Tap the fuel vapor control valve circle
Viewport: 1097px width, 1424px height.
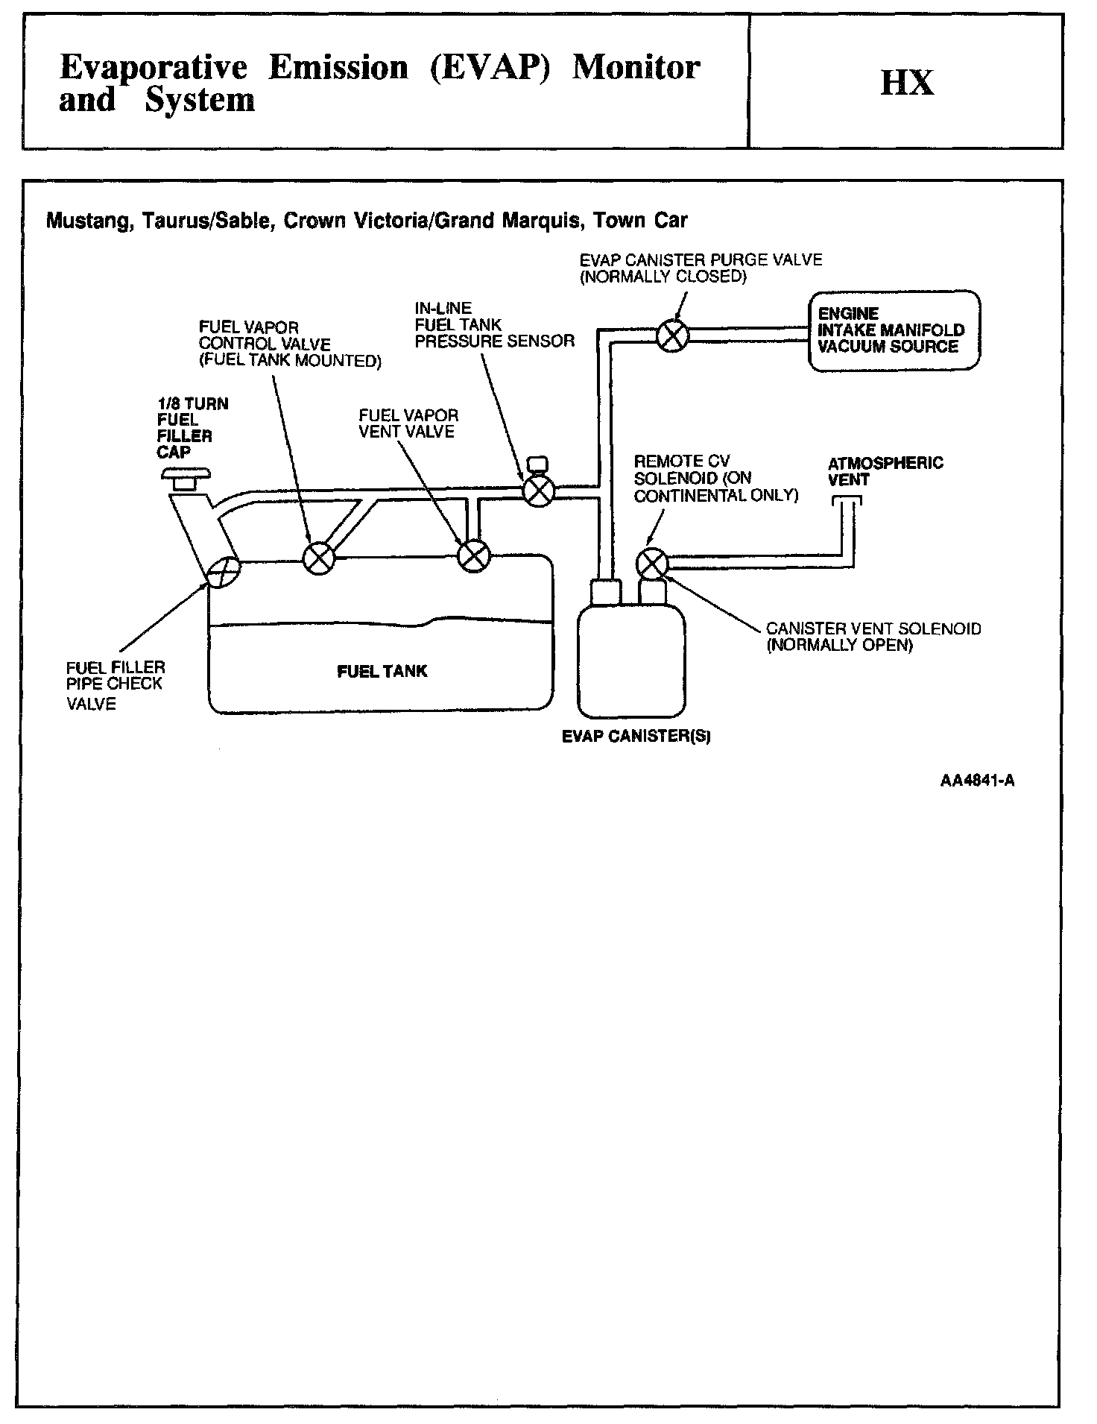(320, 557)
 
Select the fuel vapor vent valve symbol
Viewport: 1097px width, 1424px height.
(474, 555)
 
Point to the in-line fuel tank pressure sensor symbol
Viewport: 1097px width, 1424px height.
(538, 490)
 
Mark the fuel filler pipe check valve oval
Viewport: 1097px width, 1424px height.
(224, 573)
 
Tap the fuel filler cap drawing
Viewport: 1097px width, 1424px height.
(186, 479)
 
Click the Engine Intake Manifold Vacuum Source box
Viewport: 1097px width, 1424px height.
(894, 330)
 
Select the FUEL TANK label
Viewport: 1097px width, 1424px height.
(382, 671)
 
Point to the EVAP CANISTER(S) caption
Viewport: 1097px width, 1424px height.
(636, 737)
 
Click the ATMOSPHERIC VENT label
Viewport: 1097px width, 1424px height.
(885, 471)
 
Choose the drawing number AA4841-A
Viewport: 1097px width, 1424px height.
(977, 781)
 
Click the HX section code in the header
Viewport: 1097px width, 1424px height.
(907, 82)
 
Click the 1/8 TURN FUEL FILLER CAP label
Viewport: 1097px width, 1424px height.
(192, 428)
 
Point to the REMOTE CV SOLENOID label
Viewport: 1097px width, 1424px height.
(715, 479)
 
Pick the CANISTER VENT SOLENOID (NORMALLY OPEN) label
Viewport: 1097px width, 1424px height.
(873, 637)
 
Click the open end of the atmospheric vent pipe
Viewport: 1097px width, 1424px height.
(846, 500)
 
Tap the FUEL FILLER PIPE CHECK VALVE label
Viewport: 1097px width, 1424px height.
(115, 685)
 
